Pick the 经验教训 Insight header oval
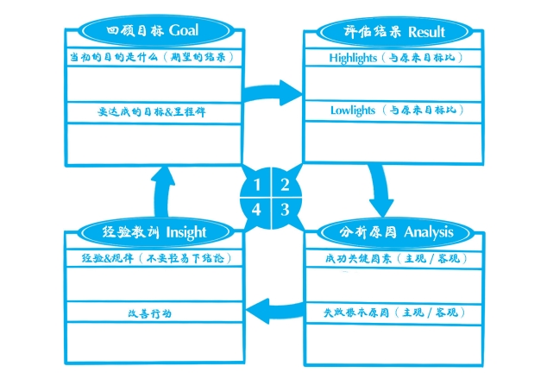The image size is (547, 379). click(x=154, y=231)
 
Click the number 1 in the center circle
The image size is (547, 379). click(x=257, y=185)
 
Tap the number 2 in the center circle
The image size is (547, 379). click(x=284, y=185)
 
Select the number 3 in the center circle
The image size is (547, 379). click(x=284, y=209)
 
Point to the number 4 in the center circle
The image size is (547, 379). click(x=257, y=209)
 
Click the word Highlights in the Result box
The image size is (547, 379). click(x=353, y=59)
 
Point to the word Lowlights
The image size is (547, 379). click(x=352, y=111)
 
